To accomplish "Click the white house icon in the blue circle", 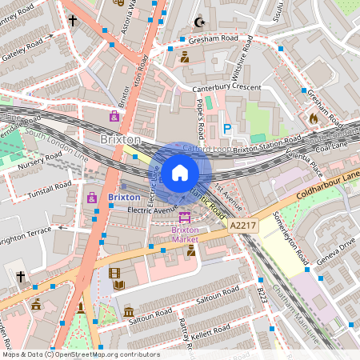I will click(179, 173).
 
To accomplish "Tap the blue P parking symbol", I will click(227, 128).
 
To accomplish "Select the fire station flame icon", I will click(313, 118).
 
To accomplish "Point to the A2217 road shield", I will click(242, 227).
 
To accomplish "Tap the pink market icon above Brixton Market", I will click(185, 216).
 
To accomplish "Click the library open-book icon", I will click(118, 284).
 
